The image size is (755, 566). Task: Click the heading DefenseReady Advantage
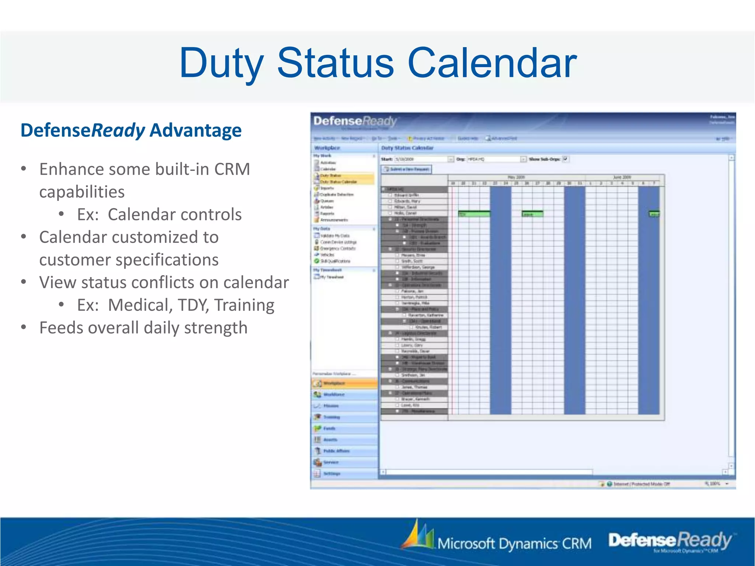[131, 130]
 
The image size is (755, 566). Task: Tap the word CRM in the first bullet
[232, 170]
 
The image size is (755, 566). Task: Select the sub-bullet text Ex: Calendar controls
[159, 214]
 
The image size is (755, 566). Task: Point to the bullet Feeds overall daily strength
[143, 328]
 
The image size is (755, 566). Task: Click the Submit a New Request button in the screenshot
[406, 169]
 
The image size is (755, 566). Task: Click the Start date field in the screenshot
[420, 159]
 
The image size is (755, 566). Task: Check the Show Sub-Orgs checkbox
[566, 159]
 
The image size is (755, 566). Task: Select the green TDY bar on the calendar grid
[474, 214]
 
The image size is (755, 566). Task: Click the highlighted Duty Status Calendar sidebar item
[338, 182]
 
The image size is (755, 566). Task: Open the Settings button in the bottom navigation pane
[332, 474]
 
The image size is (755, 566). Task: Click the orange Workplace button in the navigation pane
[334, 383]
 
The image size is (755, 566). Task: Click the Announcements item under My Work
[334, 220]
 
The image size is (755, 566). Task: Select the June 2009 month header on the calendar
[622, 177]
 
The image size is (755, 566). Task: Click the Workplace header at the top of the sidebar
[327, 148]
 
